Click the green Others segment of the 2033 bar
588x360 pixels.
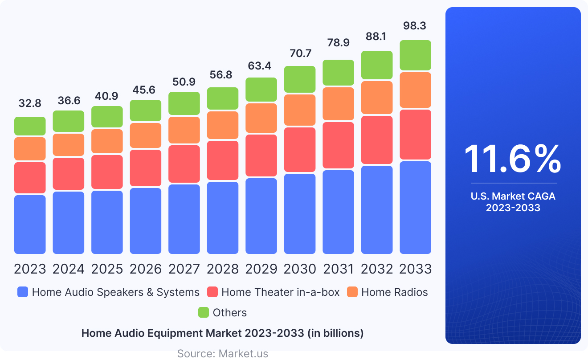(x=415, y=55)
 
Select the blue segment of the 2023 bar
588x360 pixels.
(x=30, y=224)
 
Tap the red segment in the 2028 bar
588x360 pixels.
(x=223, y=160)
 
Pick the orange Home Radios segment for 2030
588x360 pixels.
(x=300, y=110)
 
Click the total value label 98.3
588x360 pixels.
(x=414, y=26)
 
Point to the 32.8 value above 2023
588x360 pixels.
(x=30, y=103)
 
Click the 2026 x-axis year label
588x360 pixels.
(x=146, y=269)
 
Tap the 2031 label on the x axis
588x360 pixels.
(x=338, y=269)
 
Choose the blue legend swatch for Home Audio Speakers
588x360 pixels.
(x=23, y=292)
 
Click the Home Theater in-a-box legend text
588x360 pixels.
(x=280, y=292)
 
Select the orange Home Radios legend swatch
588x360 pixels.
(x=352, y=292)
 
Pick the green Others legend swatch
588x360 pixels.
(x=204, y=312)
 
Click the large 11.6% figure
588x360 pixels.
(x=513, y=160)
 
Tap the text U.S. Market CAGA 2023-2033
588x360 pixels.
(x=513, y=202)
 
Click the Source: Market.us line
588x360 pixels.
(x=223, y=354)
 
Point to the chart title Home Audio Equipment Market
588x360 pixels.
(x=223, y=333)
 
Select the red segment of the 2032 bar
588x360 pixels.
(x=377, y=140)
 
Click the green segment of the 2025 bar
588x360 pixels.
(x=107, y=117)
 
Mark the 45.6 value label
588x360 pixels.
(x=146, y=90)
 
